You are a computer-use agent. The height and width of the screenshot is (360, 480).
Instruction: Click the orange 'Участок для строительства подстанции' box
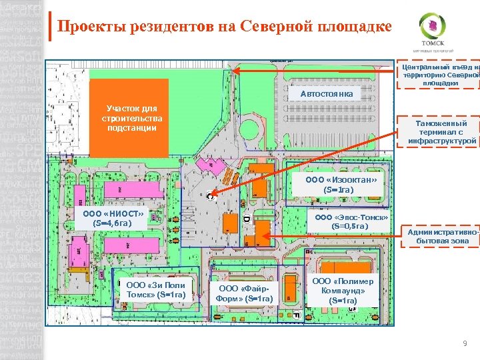click(129, 118)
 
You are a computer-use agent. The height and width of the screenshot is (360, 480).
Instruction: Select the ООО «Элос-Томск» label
click(351, 221)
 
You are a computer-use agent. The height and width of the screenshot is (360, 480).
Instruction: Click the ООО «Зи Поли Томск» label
click(155, 290)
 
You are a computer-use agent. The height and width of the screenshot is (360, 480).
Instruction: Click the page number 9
click(465, 343)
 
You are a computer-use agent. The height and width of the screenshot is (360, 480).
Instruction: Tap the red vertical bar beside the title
click(51, 27)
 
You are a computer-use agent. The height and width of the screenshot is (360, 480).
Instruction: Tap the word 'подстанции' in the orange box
click(129, 127)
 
